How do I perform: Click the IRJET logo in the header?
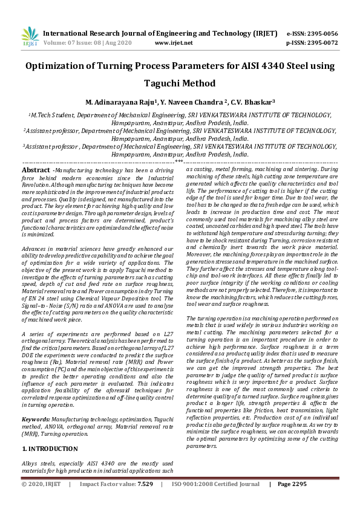(29, 36)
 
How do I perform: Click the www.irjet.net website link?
(174, 43)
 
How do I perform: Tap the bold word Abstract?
(36, 171)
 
